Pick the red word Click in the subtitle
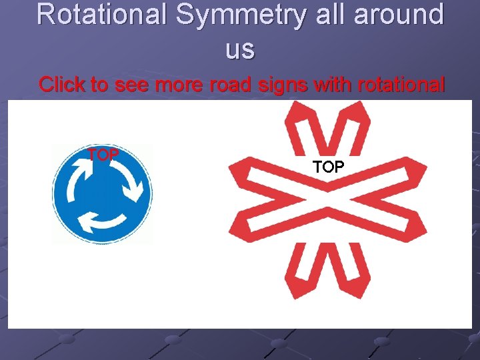[60, 85]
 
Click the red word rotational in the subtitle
[401, 85]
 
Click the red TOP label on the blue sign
[103, 155]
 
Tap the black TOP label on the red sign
[328, 167]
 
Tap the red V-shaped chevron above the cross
[323, 130]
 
